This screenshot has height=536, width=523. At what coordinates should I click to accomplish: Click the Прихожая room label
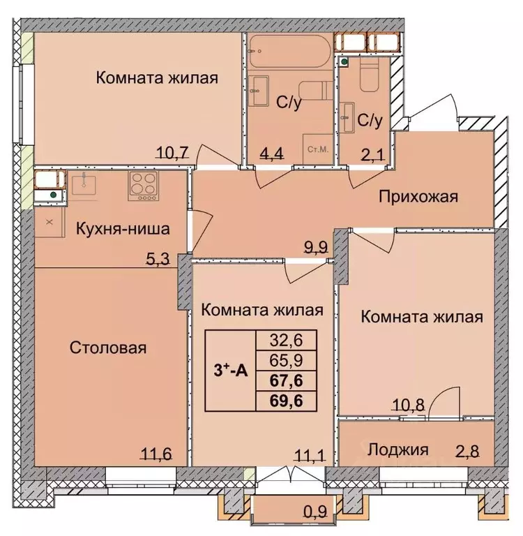[x=418, y=196]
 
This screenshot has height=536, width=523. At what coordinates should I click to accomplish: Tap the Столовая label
[x=108, y=348]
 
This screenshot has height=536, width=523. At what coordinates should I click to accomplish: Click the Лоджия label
[x=398, y=449]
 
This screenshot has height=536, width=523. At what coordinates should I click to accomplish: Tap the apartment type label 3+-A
[x=230, y=371]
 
